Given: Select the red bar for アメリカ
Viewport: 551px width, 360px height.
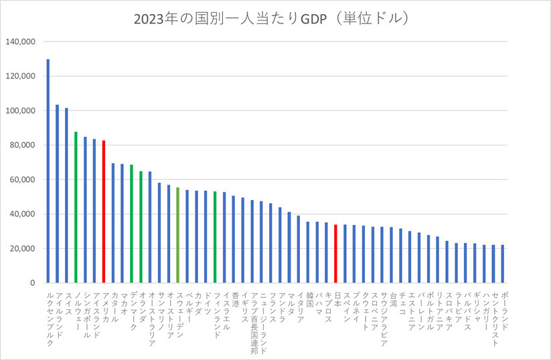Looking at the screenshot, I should (x=104, y=211).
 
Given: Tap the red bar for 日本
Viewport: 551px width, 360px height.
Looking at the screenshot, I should (x=335, y=254).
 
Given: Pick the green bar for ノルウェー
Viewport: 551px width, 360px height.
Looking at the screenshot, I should (x=76, y=207).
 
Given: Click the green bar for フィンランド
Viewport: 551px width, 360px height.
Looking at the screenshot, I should (x=215, y=237).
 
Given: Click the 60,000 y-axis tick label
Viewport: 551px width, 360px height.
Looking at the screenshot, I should (x=22, y=179).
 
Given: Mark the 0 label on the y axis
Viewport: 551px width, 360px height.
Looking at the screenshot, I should (x=32, y=283).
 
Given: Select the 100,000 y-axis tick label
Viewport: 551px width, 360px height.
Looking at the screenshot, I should (x=20, y=110).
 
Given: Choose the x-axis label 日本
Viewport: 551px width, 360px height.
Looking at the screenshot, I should (x=337, y=300).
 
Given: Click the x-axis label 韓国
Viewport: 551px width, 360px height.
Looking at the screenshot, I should (x=309, y=300).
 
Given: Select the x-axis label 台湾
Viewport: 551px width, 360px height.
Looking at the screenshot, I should (x=393, y=300).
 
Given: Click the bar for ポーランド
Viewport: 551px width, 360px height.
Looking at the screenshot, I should (x=502, y=264).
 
